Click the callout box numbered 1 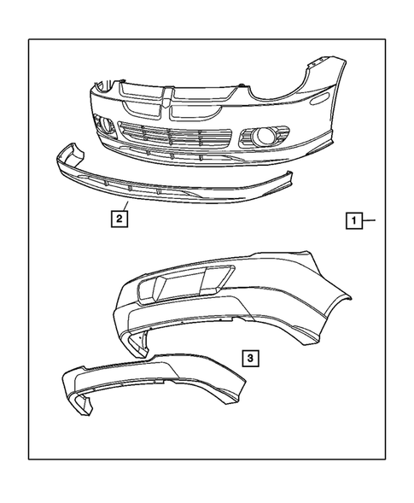[x=352, y=220]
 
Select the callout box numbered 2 [x=120, y=219]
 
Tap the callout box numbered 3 [x=248, y=358]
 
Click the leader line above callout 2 [x=125, y=206]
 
